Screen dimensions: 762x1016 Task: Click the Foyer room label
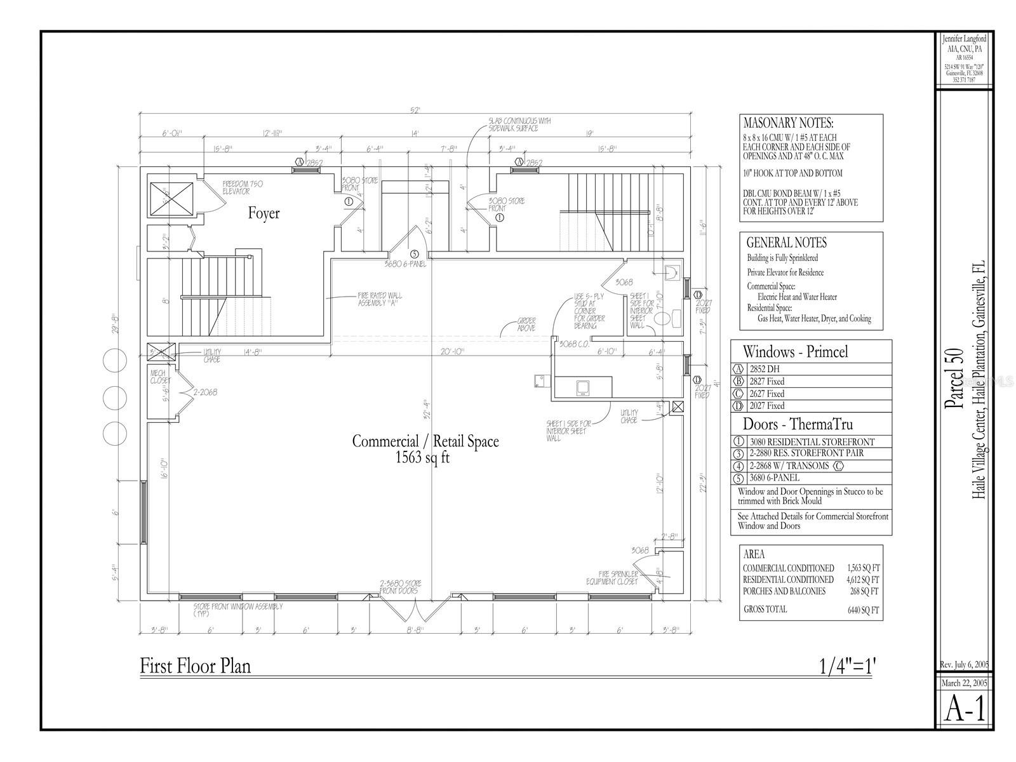pos(264,213)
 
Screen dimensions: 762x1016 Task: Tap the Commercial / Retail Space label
pos(425,441)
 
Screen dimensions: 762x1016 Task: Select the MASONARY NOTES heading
pos(788,123)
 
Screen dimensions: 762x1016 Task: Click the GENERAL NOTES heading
pos(786,243)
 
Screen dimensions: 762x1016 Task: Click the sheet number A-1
pos(965,709)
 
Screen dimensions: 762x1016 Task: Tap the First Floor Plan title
pos(195,666)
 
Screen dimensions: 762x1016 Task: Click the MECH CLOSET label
pos(161,377)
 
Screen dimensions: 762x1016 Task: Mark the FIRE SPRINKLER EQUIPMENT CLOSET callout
pos(618,577)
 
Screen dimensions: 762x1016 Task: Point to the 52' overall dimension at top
pos(415,110)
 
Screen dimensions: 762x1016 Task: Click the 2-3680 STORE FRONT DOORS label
pos(400,587)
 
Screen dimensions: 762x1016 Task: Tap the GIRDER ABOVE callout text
pos(526,324)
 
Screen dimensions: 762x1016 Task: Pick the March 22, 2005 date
pos(964,683)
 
